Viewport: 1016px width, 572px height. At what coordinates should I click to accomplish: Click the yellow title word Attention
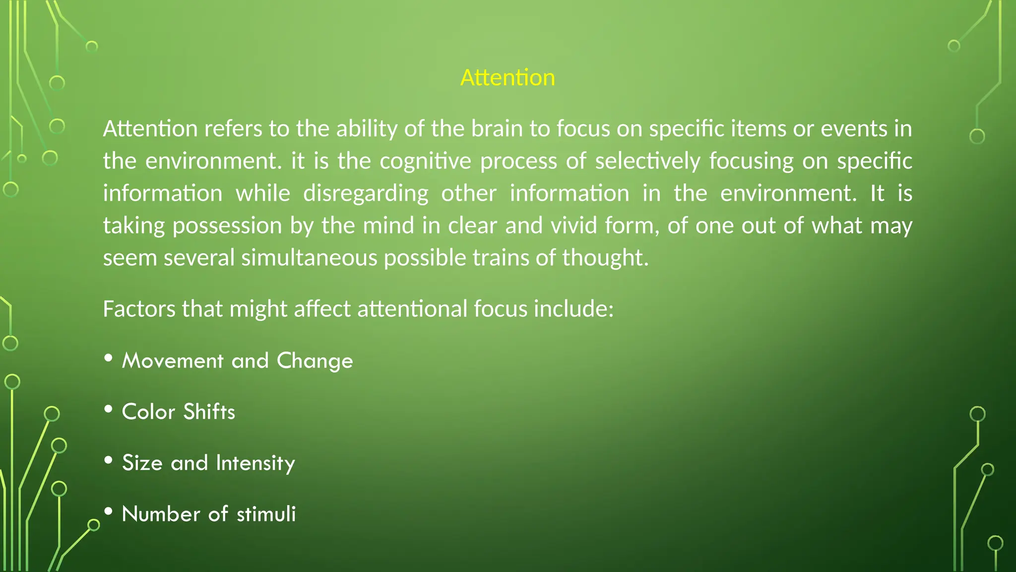pos(508,77)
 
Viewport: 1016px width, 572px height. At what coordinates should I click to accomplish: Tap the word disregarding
pos(366,194)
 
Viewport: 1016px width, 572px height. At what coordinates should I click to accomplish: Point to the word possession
pos(228,226)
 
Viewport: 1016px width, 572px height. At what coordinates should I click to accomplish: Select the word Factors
pos(139,309)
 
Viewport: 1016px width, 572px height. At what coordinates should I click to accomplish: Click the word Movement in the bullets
pos(173,360)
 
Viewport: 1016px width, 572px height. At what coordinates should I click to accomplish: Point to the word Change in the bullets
pos(315,361)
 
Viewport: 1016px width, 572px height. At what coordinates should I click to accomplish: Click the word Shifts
pos(209,412)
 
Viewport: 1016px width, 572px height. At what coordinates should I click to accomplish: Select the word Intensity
pos(255,463)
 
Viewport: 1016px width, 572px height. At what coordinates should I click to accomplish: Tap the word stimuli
pos(266,514)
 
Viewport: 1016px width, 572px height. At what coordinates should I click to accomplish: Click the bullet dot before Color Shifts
pos(109,409)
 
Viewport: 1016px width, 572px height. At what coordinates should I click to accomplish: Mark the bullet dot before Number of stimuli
pos(109,511)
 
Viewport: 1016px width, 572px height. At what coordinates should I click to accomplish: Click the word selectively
pos(647,161)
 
